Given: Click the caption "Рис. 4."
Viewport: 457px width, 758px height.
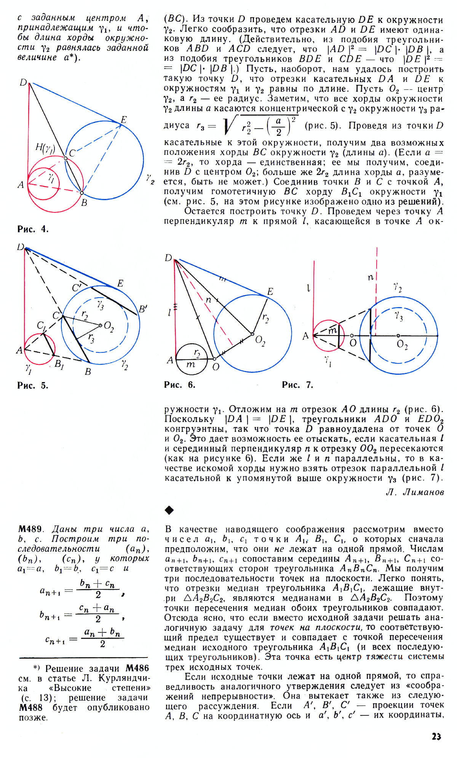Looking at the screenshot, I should coord(33,229).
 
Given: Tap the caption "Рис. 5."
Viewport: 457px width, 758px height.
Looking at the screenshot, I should coord(33,385).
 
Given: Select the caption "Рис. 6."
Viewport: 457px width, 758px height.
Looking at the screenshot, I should coord(179,385).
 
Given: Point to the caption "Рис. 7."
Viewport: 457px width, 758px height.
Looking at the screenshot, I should coord(297,385).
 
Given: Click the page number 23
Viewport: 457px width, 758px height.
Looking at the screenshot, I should coord(436,736).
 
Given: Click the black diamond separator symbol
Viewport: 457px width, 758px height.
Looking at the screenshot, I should coord(169,510).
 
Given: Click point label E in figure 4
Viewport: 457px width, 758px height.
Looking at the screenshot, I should coord(124,120).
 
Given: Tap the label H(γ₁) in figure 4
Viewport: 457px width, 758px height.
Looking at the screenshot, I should coord(45,148).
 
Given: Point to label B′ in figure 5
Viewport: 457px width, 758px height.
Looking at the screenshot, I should coord(143,309).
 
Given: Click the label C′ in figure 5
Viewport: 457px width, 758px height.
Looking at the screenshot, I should coord(77,288).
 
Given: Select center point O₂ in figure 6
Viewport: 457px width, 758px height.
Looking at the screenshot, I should coord(252,334).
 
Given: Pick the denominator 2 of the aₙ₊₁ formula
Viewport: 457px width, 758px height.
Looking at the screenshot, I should coord(98,595).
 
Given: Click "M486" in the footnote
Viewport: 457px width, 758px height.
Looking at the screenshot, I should coord(137,668).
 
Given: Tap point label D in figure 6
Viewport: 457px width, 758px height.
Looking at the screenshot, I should coord(168,258).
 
